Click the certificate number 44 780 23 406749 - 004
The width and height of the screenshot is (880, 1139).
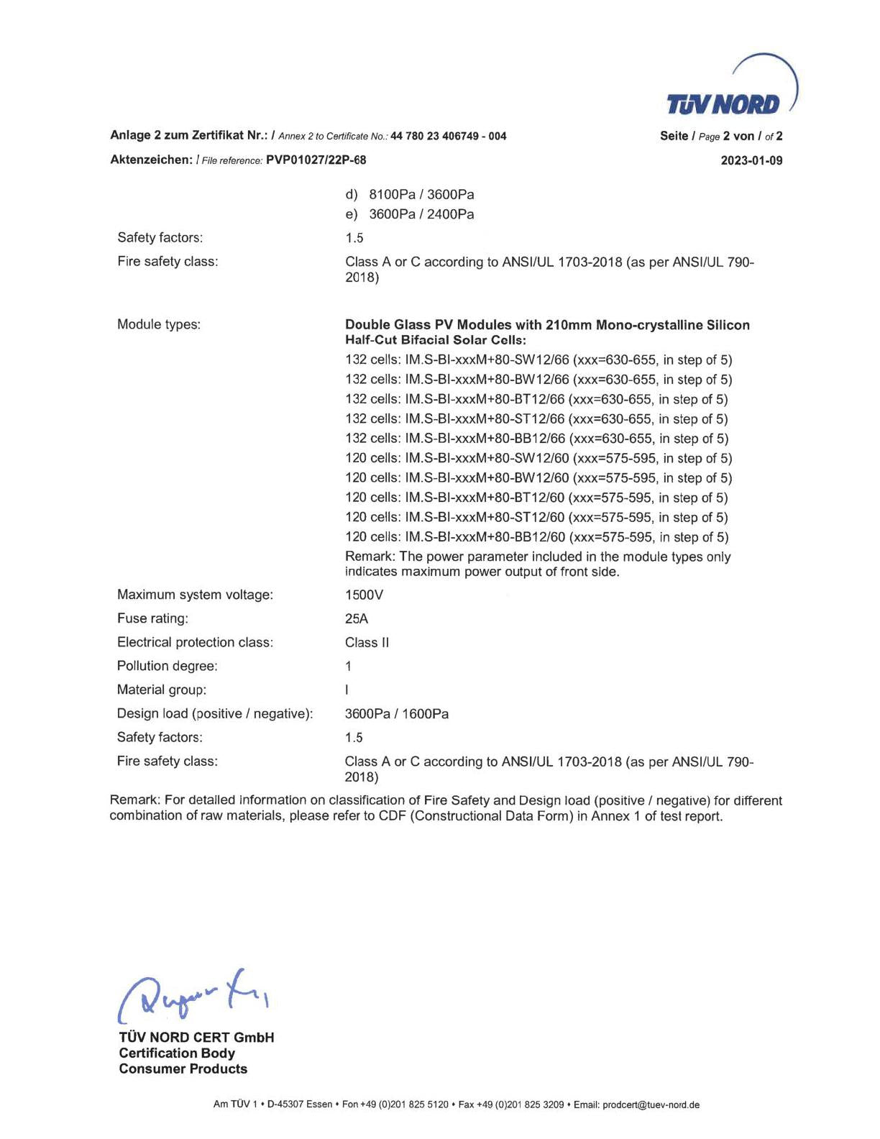pyautogui.click(x=448, y=136)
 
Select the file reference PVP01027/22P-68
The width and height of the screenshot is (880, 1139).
pyautogui.click(x=316, y=160)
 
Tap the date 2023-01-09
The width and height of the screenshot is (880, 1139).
pyautogui.click(x=751, y=160)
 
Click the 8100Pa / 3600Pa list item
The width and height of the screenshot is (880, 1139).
pyautogui.click(x=421, y=195)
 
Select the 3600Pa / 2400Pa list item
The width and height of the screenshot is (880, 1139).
pyautogui.click(x=421, y=214)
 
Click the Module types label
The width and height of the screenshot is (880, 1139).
pyautogui.click(x=159, y=324)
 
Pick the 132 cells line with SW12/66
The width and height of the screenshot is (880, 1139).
pyautogui.click(x=538, y=360)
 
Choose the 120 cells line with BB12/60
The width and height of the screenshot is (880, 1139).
pyautogui.click(x=536, y=537)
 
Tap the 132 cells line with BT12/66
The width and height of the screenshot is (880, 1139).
pyautogui.click(x=536, y=399)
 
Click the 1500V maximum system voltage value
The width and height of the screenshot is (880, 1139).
pyautogui.click(x=364, y=595)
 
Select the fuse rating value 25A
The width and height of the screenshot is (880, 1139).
pyautogui.click(x=357, y=619)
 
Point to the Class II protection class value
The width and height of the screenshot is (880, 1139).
pyautogui.click(x=367, y=643)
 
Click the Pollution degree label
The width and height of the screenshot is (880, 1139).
pyautogui.click(x=167, y=666)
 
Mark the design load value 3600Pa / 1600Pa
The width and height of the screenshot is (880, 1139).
pyautogui.click(x=397, y=714)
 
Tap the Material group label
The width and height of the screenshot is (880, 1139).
pyautogui.click(x=161, y=690)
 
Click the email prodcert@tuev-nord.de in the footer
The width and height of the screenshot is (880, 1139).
pyautogui.click(x=651, y=1104)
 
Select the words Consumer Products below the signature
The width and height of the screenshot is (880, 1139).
pyautogui.click(x=183, y=1069)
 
